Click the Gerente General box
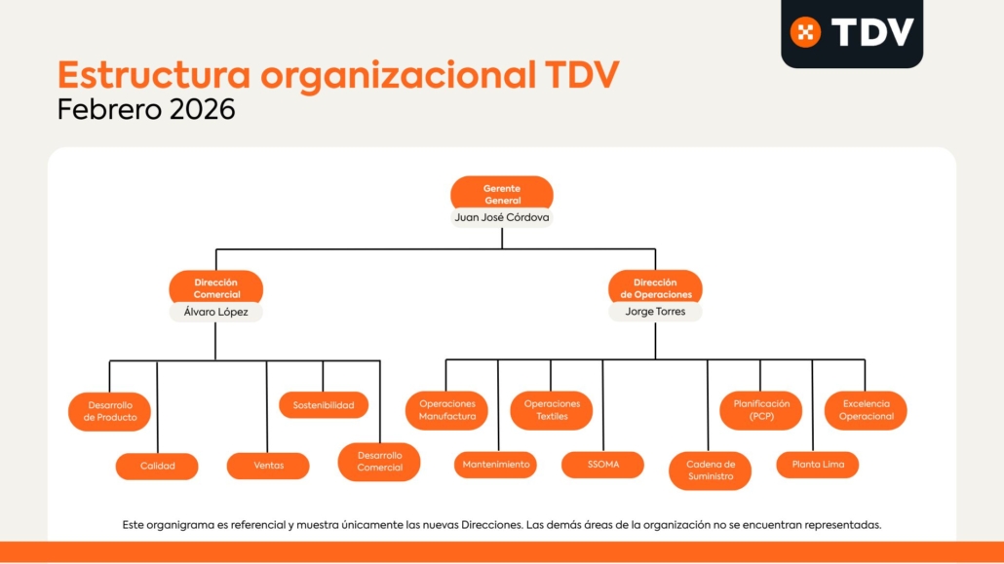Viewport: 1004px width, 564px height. pos(502,193)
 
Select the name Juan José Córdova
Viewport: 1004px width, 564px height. pos(502,218)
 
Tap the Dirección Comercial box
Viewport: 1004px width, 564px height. pos(215,288)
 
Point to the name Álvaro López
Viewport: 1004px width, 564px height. pos(215,313)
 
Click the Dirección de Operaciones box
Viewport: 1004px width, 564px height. pos(655,288)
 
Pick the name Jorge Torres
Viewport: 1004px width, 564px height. pos(655,313)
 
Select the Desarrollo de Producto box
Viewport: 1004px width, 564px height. pos(109,411)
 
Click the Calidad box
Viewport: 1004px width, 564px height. pos(157,466)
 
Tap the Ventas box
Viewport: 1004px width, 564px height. pos(268,466)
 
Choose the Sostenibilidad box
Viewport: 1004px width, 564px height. pos(324,405)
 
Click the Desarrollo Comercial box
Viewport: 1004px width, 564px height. pos(379,462)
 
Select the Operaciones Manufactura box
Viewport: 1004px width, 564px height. pos(446,410)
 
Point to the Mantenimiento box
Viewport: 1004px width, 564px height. pos(496,465)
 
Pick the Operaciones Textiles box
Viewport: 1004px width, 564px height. pos(552,410)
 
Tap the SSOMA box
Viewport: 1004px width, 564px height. pos(602,465)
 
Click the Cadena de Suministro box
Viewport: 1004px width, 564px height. pos(710,470)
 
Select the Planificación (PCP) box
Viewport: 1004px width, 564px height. pos(761,410)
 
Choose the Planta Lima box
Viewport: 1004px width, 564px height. pos(817,465)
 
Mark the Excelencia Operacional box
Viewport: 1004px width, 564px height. pos(866,410)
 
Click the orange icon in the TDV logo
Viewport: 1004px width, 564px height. pos(805,32)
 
